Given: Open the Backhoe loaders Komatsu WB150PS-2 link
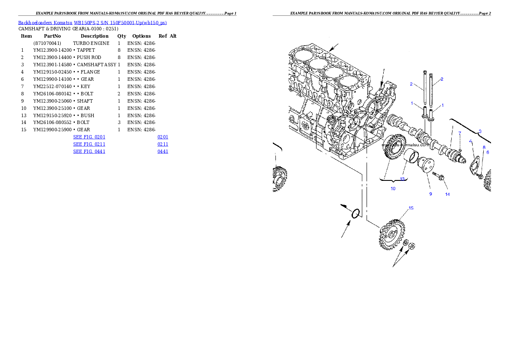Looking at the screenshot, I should (92, 23).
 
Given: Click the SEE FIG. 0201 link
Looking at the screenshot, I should (89, 137).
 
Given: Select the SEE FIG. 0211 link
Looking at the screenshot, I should (89, 145).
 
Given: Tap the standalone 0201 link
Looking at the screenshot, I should (163, 137).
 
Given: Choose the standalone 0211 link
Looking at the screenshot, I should (163, 145).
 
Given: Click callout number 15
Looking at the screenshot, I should (411, 208).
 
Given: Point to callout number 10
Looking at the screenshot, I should (393, 188).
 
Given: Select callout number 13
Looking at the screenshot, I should (402, 179).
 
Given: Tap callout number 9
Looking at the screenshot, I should (431, 194).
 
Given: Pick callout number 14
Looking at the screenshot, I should (447, 194).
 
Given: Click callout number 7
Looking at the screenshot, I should (460, 133).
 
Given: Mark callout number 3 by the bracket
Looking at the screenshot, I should (479, 131).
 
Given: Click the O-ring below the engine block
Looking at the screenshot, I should (355, 214).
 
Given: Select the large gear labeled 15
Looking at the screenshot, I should (391, 235).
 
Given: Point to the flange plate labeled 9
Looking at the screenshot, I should (426, 165).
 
